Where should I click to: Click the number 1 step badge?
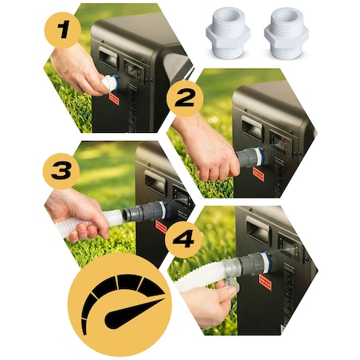63,30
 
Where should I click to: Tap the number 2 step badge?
185,98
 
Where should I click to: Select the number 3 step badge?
61,171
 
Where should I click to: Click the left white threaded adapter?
228,33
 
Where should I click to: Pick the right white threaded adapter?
287,33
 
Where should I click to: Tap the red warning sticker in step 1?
115,99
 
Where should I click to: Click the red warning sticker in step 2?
259,174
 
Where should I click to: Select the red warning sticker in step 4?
265,282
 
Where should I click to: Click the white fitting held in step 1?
109,83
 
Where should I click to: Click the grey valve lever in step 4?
232,284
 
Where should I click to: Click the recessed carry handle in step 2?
252,127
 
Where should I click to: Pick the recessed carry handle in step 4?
258,229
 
